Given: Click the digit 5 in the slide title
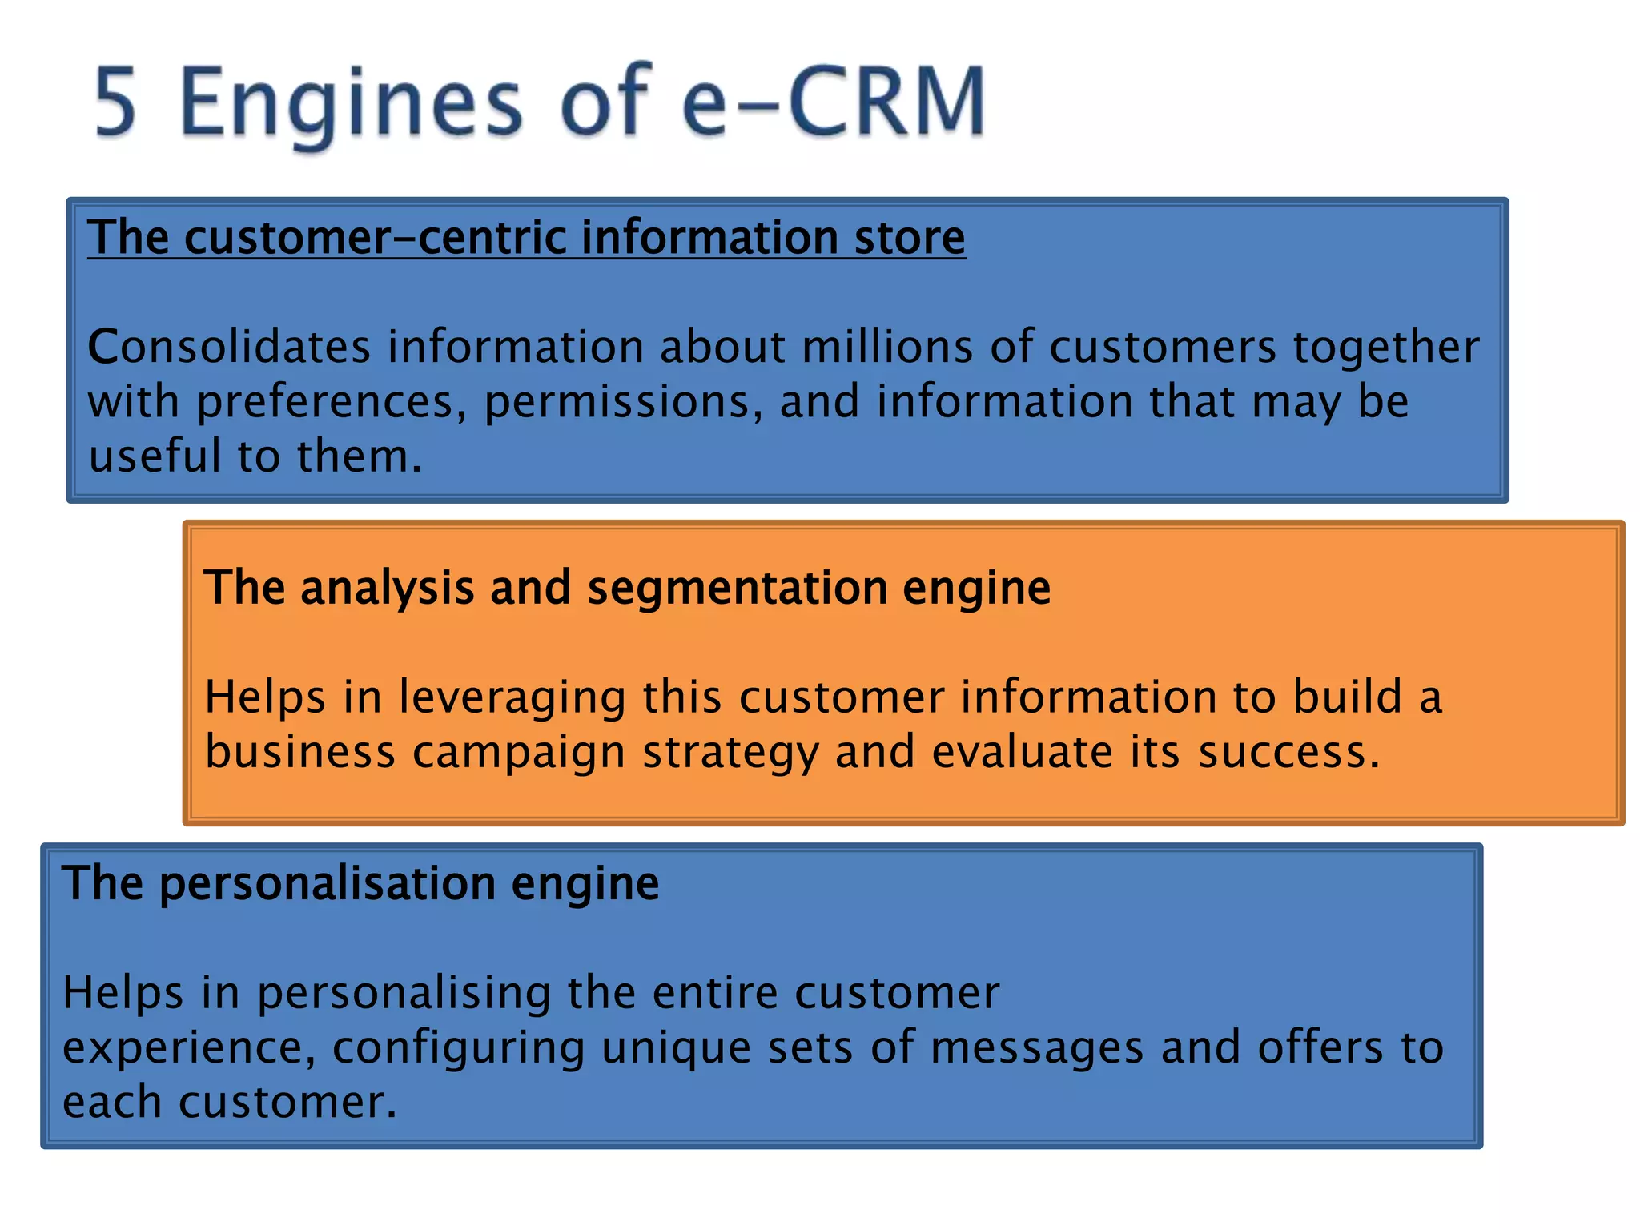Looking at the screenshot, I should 116,102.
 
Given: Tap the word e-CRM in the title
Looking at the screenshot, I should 833,102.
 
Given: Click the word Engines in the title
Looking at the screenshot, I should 350,102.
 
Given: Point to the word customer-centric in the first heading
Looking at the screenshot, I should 376,238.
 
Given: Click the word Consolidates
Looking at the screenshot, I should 229,348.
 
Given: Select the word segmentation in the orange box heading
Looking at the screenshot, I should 738,589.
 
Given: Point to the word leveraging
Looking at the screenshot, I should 512,697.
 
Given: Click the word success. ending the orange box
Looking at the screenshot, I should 1289,753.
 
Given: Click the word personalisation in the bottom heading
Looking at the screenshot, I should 327,884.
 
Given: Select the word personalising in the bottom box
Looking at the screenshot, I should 404,994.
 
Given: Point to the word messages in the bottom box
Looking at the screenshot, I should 1037,1048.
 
